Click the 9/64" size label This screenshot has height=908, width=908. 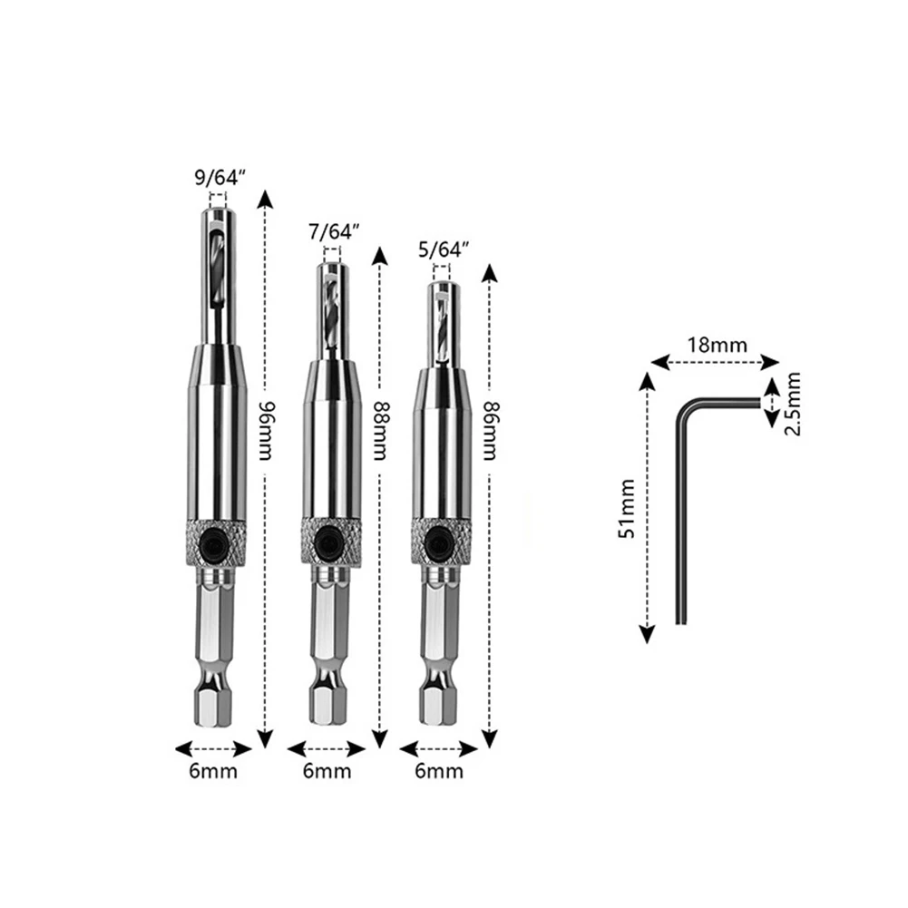pos(219,178)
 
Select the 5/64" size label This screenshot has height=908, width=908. pos(444,250)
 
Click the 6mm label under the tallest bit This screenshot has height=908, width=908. pos(214,771)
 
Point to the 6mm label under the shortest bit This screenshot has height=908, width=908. pos(439,771)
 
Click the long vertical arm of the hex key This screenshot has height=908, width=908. pos(681,526)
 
